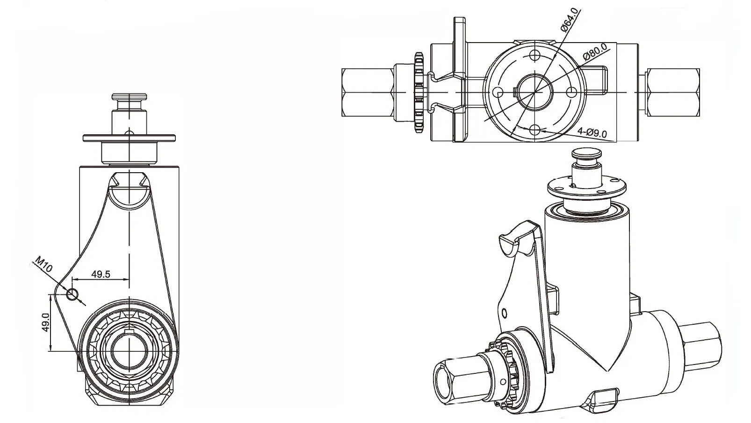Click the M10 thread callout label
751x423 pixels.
43,265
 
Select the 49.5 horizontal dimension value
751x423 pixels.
101,274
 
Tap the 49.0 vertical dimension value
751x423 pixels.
46,322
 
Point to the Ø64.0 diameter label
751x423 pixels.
570,20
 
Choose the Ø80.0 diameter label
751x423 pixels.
595,51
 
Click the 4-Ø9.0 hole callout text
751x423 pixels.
592,133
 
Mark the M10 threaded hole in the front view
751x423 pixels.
72,294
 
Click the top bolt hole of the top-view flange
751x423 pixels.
534,55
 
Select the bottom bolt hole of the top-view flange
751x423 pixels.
534,130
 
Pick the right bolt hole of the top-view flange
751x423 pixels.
571,93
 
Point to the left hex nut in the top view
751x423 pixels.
367,92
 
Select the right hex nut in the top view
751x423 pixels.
673,92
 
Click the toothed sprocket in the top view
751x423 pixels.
419,92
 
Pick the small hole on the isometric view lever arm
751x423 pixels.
504,313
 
